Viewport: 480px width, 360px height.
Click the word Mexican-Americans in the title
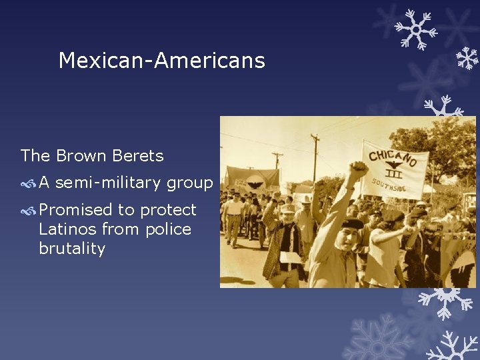point(161,61)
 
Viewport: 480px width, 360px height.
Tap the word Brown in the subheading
point(81,156)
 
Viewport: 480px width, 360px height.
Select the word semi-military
point(109,183)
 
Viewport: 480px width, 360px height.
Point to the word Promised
point(75,210)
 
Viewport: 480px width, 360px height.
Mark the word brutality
point(72,249)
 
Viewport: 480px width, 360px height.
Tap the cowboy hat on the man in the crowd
point(306,199)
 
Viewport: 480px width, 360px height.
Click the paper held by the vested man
point(291,257)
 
